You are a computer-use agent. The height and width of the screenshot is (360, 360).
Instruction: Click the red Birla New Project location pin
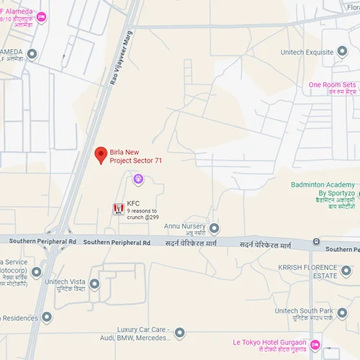pos(102,154)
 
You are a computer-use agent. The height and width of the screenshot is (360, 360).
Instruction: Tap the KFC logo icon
pos(117,209)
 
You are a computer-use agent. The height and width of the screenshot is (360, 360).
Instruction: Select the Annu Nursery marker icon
pos(214,228)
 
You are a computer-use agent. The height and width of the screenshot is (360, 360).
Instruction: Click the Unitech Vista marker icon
pos(94,284)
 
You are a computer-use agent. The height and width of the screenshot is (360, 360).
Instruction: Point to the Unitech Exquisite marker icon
pos(342,52)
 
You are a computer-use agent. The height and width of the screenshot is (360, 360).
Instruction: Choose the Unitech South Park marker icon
pos(342,314)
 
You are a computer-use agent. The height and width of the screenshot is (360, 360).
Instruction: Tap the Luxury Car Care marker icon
pos(180,333)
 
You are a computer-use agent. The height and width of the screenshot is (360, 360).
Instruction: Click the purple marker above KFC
pos(138,179)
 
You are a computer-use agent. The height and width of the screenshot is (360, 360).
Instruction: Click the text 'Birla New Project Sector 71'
pos(135,156)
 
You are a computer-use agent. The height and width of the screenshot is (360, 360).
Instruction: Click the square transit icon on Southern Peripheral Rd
pos(318,244)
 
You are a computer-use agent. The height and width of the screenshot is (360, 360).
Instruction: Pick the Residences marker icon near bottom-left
pos(47,317)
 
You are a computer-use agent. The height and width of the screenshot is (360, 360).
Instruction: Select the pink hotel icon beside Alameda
pos(42,17)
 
